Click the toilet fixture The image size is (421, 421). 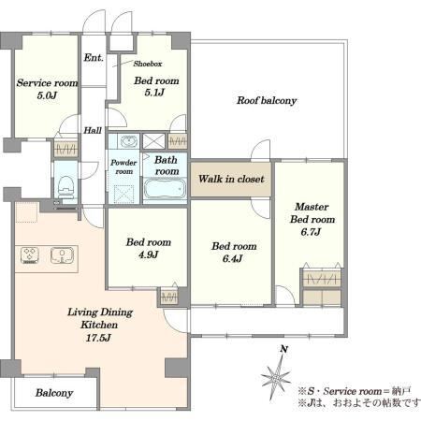(x=65, y=187)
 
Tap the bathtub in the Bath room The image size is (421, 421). (x=165, y=188)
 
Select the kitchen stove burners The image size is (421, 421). (x=30, y=255)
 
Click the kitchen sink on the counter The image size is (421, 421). (x=62, y=255)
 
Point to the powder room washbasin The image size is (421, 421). (x=128, y=141)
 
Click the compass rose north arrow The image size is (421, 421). (x=277, y=376)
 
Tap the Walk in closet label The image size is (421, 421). (x=231, y=179)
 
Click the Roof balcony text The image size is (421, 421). (x=267, y=100)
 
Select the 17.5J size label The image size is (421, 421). (x=98, y=338)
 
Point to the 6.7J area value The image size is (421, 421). (x=311, y=232)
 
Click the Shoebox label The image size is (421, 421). (x=148, y=64)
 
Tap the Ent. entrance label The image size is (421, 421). (x=94, y=58)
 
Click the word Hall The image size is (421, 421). (x=93, y=130)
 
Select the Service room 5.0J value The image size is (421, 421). (x=47, y=95)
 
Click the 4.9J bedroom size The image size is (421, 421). (x=149, y=254)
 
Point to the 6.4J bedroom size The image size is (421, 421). (x=233, y=259)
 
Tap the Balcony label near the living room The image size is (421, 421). (x=54, y=393)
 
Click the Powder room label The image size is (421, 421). (x=123, y=167)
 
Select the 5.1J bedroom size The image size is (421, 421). (x=154, y=93)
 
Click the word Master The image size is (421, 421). (x=312, y=207)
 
